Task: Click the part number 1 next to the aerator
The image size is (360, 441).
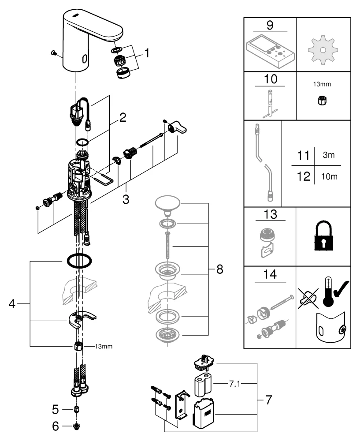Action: tap(147, 53)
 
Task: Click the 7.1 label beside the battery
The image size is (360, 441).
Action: tap(234, 384)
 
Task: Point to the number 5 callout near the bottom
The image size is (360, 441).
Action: tap(55, 410)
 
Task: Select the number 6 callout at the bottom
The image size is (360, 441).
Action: tap(55, 426)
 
